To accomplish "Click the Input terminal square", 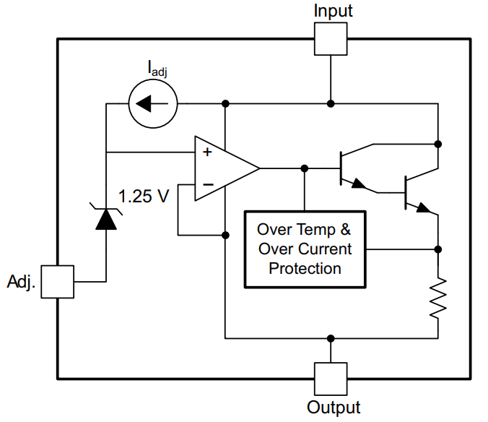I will click(x=331, y=38).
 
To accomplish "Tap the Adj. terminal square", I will click(x=57, y=281).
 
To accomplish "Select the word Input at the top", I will click(x=333, y=11).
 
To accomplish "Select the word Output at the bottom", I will click(x=334, y=408).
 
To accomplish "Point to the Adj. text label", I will click(x=21, y=281).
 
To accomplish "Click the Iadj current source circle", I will click(x=153, y=104).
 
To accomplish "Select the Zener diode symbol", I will click(x=106, y=217).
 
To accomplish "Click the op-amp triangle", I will click(x=221, y=168).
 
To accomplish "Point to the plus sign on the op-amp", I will click(x=207, y=152).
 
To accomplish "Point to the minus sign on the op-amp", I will click(x=207, y=185).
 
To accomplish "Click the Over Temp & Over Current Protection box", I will click(x=305, y=249).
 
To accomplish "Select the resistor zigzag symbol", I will click(x=437, y=298).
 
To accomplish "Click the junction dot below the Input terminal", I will click(x=331, y=104).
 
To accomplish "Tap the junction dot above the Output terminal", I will click(x=331, y=337).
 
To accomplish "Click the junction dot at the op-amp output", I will click(x=305, y=168).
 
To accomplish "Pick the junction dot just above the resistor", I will click(x=437, y=249).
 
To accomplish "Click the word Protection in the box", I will click(x=305, y=269).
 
